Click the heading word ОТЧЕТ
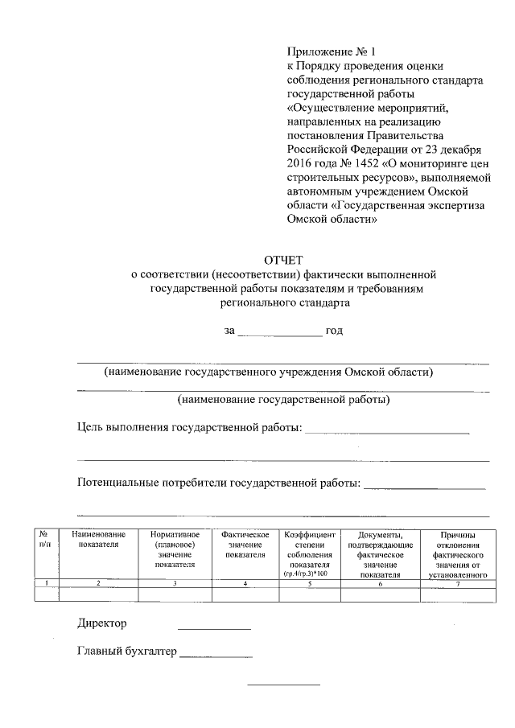click(x=282, y=259)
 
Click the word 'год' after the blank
click(x=334, y=331)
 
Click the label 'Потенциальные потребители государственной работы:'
click(x=218, y=483)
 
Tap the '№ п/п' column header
click(x=45, y=540)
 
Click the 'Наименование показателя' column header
click(x=98, y=540)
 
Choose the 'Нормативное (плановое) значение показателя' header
click(x=175, y=549)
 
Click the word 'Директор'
click(x=102, y=623)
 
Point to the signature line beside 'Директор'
click(x=214, y=628)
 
